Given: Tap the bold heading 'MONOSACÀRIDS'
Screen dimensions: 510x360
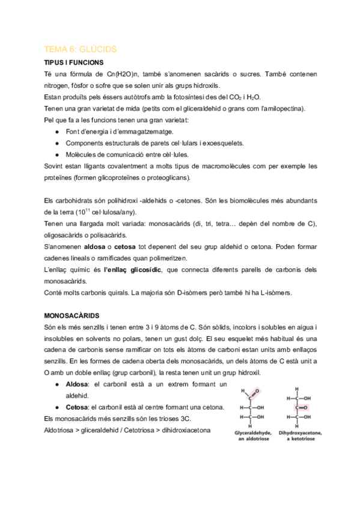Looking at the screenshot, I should (x=72, y=315).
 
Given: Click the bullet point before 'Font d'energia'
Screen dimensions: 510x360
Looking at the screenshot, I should (x=56, y=131).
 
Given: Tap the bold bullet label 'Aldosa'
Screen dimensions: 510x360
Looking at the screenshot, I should (x=76, y=384).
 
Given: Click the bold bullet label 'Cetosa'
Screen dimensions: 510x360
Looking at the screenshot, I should (x=77, y=407).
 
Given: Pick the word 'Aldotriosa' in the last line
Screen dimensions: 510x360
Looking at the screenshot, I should (x=62, y=431).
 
